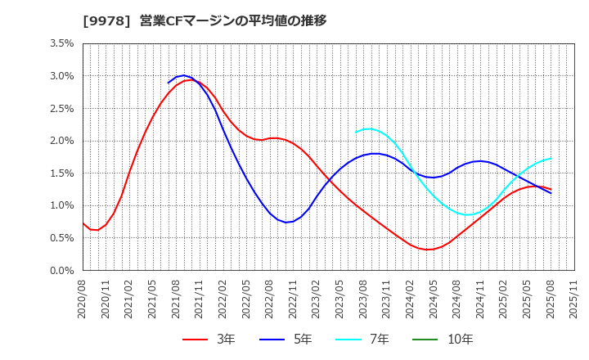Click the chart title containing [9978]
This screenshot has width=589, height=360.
(x=205, y=20)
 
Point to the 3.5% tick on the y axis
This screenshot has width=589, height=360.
(x=61, y=43)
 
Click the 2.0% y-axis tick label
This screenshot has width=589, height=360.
(x=61, y=141)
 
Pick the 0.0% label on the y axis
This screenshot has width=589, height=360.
(x=61, y=271)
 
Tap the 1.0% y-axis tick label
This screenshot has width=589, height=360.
(x=61, y=205)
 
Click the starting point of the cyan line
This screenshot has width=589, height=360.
(x=356, y=132)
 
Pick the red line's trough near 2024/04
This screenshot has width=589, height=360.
(x=428, y=250)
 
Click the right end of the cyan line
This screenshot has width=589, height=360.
(x=551, y=159)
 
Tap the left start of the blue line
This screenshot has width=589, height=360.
(x=169, y=83)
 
